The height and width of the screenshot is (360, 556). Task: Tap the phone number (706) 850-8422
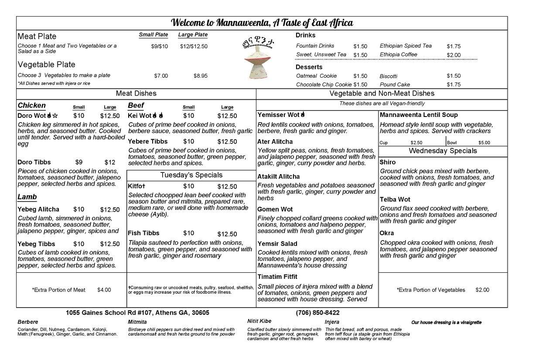coord(317,313)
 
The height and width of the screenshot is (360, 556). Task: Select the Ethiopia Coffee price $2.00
coord(454,55)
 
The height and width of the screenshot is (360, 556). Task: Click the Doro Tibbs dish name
coord(34,162)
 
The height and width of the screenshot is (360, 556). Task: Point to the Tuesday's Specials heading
coord(191,175)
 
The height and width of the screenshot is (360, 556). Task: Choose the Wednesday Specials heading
coord(443,151)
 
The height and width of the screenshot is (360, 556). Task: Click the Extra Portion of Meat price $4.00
coord(104,290)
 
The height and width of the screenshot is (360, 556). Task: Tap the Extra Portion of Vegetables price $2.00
coord(482,290)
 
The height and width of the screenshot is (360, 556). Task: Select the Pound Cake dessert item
coord(395,85)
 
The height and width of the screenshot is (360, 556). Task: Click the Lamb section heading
coord(27,197)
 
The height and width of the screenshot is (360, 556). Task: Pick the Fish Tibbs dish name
coord(143,233)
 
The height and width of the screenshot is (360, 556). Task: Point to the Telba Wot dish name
coord(395,199)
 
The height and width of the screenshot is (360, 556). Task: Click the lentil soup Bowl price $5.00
coord(484,143)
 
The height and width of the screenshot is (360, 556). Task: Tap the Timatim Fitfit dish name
coord(277,277)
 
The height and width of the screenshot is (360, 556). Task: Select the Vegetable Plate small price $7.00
coord(161,76)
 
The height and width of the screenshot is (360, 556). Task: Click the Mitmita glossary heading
coord(137,322)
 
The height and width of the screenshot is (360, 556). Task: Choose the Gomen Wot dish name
coord(275,209)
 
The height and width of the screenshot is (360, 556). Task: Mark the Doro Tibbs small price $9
coord(79,162)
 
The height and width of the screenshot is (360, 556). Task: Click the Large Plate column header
coord(193,35)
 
